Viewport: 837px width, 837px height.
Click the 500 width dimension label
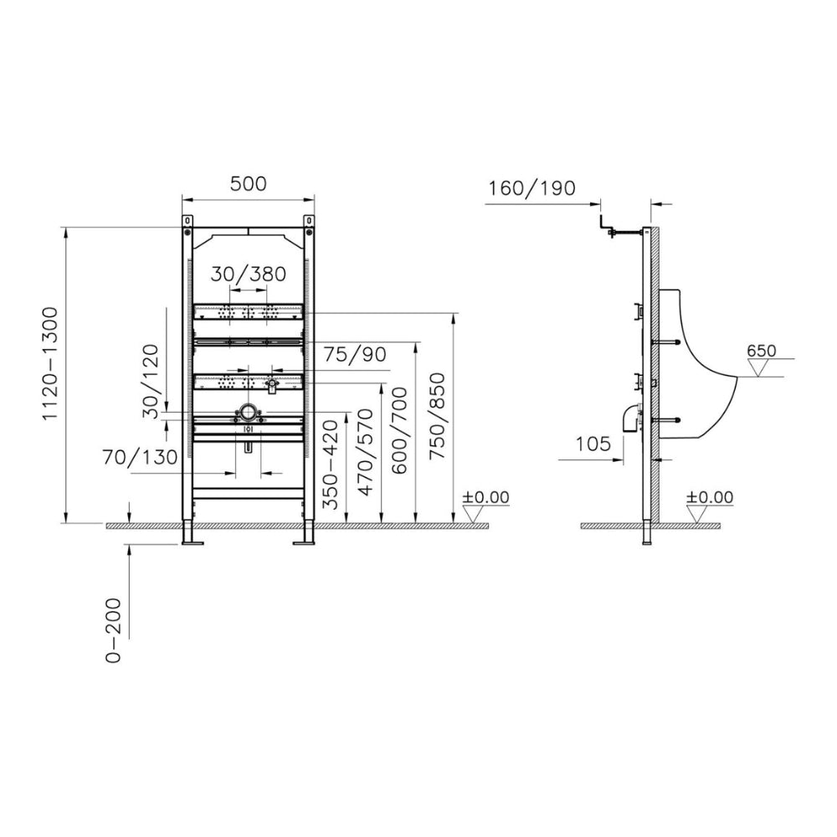[249, 183]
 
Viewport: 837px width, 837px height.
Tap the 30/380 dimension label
[249, 275]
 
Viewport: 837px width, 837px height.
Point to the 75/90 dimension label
[354, 354]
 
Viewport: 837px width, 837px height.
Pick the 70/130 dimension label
[140, 457]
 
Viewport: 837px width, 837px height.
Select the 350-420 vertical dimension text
[331, 465]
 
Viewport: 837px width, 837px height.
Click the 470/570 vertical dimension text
[365, 452]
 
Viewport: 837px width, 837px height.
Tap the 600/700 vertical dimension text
[399, 430]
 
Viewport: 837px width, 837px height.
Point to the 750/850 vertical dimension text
[437, 416]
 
